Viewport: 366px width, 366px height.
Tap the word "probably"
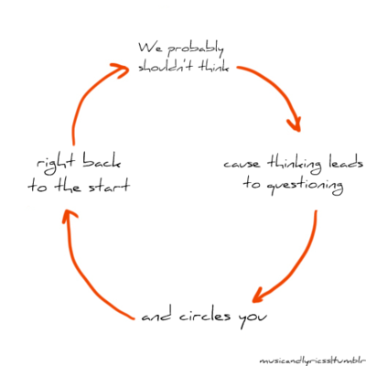point(195,50)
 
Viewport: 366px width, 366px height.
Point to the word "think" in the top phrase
point(213,66)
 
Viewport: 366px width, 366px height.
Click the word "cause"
point(242,164)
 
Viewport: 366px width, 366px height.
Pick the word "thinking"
point(295,164)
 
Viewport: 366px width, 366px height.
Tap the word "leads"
point(346,162)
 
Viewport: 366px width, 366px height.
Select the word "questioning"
point(305,186)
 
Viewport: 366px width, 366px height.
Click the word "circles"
point(205,316)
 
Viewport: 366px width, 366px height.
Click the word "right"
point(56,164)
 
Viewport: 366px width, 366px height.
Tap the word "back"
point(102,161)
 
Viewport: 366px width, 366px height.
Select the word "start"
point(109,186)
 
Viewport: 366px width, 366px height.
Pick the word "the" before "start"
point(68,185)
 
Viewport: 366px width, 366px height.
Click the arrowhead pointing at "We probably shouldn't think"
point(122,70)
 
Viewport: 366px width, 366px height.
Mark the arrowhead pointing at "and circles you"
point(259,296)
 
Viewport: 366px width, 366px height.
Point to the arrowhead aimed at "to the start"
point(69,216)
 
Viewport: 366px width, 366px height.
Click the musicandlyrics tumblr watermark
point(312,361)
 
